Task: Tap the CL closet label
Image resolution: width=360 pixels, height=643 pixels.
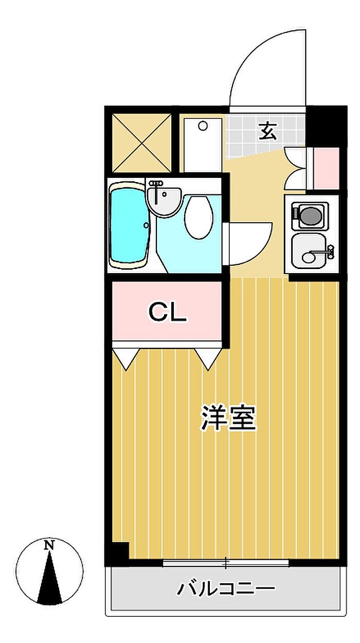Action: point(167,313)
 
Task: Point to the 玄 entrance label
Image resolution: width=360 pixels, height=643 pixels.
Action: point(268,131)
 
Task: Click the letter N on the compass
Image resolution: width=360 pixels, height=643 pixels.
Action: point(50,545)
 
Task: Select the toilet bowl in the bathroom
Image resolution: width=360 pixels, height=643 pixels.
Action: point(199,217)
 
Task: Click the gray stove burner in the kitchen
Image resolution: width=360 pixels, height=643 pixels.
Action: point(312,216)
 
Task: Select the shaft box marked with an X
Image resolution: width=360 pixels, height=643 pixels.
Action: point(142,143)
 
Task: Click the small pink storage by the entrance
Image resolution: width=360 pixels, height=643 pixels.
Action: point(327,169)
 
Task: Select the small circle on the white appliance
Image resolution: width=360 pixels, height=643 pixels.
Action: point(203,126)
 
